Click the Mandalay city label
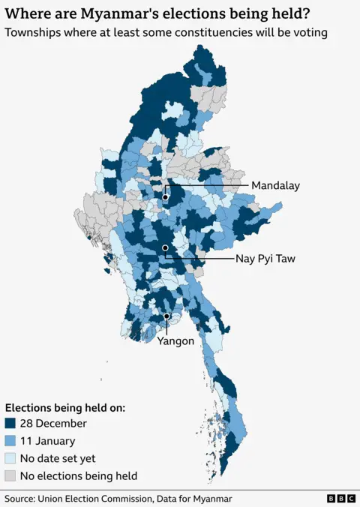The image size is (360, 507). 275,185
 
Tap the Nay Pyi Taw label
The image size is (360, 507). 265,259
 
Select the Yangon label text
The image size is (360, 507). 175,340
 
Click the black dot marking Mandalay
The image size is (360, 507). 166,197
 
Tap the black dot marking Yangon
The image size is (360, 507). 166,317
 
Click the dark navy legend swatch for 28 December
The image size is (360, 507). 10,424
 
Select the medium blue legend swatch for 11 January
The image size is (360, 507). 10,441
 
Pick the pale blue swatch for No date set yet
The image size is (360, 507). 10,458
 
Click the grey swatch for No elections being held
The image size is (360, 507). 10,475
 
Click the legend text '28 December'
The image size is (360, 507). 53,424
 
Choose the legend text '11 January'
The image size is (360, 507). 47,441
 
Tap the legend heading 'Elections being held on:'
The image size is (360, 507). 64,407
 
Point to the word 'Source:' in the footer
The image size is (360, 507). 22,499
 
